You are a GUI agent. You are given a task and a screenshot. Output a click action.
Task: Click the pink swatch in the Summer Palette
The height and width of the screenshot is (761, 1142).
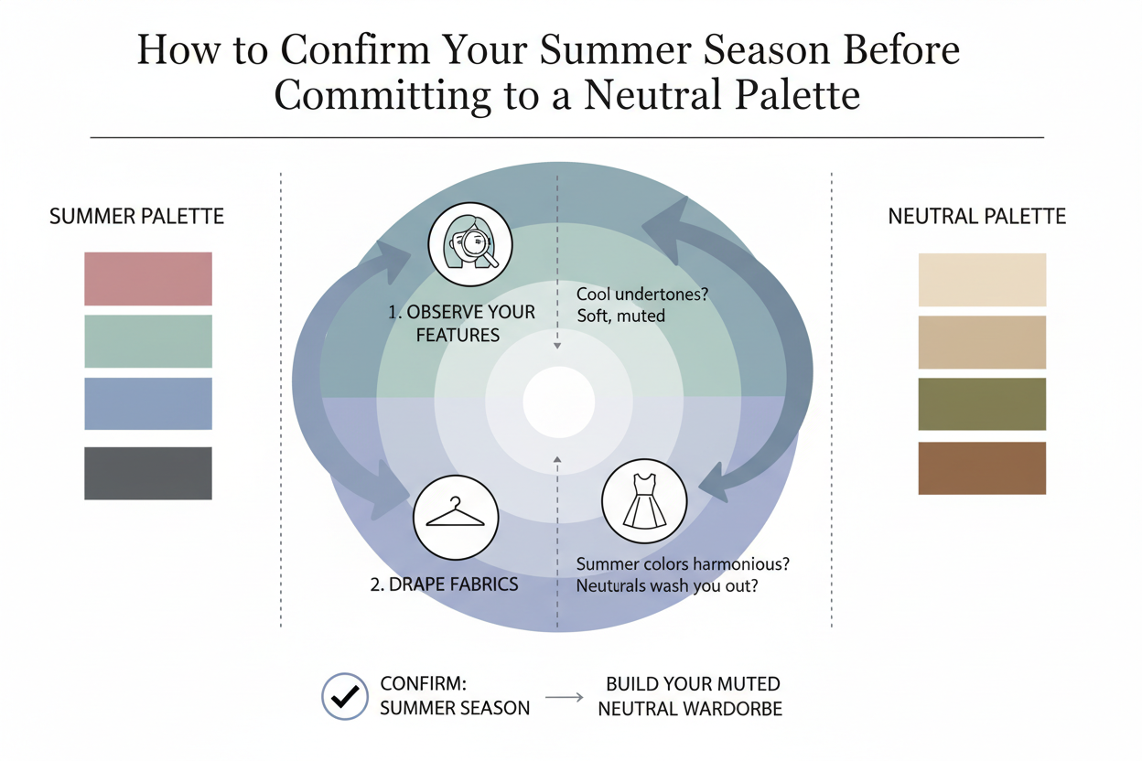coord(147,278)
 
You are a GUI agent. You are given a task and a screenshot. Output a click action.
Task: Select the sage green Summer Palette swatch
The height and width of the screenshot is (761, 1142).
coord(147,341)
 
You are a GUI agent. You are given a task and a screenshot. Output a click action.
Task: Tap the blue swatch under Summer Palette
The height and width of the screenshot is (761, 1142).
coord(147,403)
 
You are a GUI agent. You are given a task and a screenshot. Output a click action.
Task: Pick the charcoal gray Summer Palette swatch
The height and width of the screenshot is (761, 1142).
coord(147,473)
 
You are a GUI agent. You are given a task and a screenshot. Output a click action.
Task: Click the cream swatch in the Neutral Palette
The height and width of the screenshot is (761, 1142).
coord(982,280)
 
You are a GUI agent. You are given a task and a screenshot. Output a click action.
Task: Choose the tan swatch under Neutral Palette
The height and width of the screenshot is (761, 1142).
coord(982,342)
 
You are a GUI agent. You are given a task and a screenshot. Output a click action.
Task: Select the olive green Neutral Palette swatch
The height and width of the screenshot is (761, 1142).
coord(982,404)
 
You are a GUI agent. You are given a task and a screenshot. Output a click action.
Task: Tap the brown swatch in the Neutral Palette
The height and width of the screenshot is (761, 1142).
coord(982,468)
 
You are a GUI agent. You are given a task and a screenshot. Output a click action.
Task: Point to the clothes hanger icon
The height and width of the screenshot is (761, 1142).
coord(456,517)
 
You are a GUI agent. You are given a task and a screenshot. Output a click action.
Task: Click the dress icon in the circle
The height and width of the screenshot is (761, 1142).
coord(643,500)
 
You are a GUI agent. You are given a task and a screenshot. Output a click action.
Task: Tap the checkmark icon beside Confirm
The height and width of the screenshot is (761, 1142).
coord(345,697)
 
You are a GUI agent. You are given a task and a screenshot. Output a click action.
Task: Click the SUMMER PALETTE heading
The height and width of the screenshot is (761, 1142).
coord(136,217)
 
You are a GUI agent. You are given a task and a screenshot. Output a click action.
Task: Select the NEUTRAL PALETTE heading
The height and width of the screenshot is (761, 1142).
coord(977,217)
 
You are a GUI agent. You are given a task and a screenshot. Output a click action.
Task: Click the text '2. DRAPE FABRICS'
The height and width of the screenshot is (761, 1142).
coord(444,584)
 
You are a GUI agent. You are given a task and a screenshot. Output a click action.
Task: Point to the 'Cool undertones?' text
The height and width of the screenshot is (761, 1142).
coord(641,295)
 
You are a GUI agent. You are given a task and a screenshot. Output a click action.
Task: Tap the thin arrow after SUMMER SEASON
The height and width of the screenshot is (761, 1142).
coord(564,698)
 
